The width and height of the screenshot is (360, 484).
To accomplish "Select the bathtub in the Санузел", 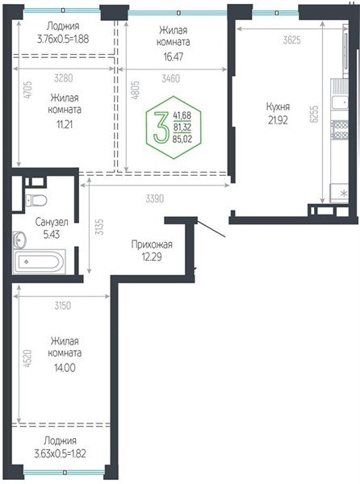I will (x=40, y=262).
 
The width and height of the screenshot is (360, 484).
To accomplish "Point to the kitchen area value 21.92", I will (x=280, y=120).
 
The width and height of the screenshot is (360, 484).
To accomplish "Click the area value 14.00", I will (x=65, y=365).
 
